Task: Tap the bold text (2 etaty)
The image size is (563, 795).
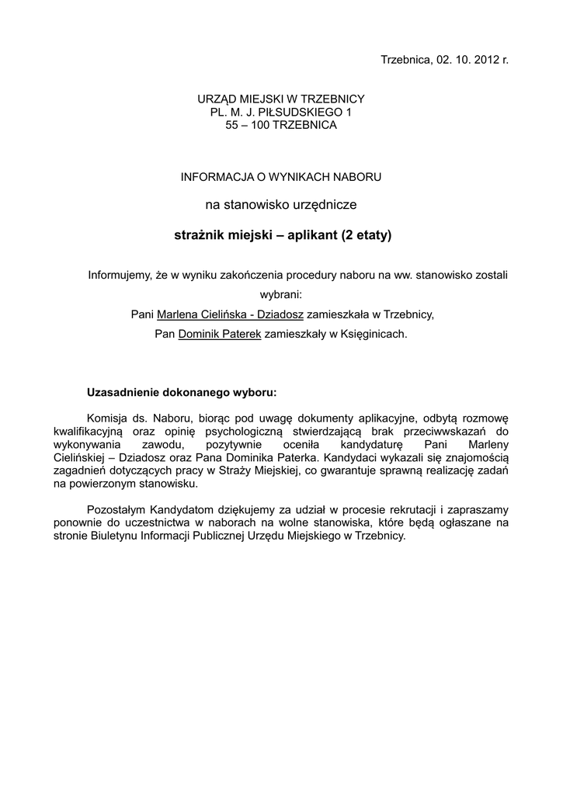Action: pyautogui.click(x=367, y=234)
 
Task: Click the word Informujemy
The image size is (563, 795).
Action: pyautogui.click(x=118, y=276)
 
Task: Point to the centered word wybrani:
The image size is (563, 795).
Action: pyautogui.click(x=280, y=295)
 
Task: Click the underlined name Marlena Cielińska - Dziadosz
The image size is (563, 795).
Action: pyautogui.click(x=230, y=314)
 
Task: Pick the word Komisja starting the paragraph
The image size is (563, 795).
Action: pyautogui.click(x=106, y=418)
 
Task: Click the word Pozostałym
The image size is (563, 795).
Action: pyautogui.click(x=114, y=509)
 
